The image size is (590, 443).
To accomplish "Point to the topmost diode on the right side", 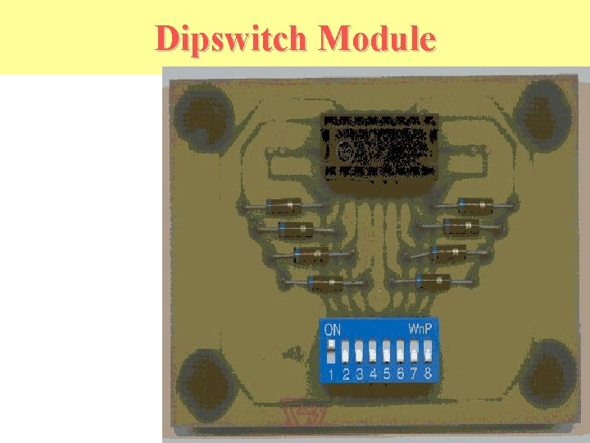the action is tap(475, 203).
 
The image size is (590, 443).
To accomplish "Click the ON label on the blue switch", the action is tap(334, 330).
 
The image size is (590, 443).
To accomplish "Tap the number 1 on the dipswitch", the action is tap(331, 375).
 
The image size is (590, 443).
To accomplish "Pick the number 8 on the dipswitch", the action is tap(428, 373).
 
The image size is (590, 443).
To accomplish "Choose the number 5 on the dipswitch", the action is tap(387, 374).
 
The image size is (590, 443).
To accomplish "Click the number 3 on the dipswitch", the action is tap(360, 374).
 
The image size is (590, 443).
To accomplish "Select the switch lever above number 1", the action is tap(331, 353).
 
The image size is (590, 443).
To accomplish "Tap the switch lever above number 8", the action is tap(427, 353).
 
